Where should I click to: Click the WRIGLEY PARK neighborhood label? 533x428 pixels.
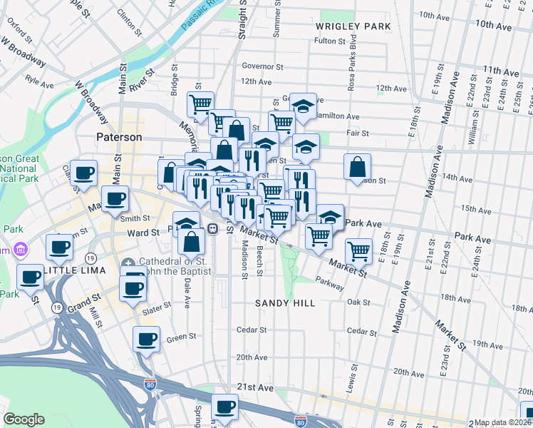click(353, 26)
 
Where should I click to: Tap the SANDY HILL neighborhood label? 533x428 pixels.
click(285, 303)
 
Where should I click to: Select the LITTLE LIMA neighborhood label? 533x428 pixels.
click(74, 272)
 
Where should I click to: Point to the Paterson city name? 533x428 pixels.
click(119, 137)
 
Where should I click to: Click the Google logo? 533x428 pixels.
click(24, 419)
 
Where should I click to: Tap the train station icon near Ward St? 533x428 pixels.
click(212, 229)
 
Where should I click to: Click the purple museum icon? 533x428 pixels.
click(19, 250)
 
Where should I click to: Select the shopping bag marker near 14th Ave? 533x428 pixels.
click(358, 168)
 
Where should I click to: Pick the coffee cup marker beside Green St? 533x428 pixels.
click(147, 338)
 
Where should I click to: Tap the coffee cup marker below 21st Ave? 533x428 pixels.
click(225, 407)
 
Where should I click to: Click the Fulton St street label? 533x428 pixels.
click(330, 41)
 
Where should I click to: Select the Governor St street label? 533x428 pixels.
click(262, 66)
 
